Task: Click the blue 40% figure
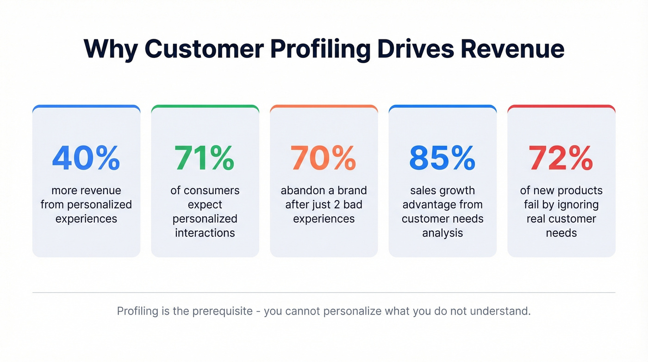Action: [86, 158]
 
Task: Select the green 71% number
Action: [205, 158]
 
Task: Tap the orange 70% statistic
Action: [324, 158]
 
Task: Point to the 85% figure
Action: [442, 158]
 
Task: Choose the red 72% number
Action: [561, 158]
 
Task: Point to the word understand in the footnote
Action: [500, 311]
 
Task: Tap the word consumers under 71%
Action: [212, 191]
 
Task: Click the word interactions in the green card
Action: [205, 233]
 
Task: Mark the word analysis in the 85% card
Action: [442, 233]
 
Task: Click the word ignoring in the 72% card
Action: [576, 205]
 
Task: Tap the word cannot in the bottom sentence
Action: [303, 311]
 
